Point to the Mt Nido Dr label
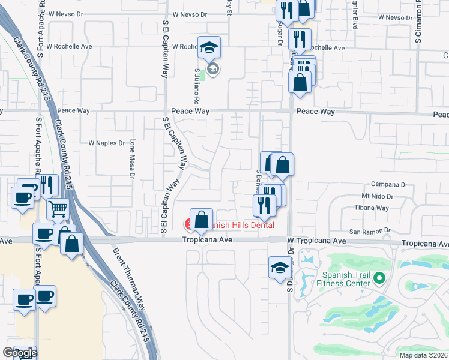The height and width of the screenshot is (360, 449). point(377,196)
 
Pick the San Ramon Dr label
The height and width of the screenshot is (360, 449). point(370,230)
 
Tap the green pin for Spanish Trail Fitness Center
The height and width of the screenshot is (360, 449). point(379,278)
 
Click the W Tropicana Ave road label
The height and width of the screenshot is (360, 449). point(317,241)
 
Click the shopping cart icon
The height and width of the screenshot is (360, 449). point(58,209)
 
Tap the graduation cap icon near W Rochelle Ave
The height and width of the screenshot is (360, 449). point(209,47)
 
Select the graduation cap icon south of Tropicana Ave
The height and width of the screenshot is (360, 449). point(279,267)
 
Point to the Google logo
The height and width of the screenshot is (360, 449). point(20,353)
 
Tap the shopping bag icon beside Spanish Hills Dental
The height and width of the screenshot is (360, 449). point(202,219)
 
